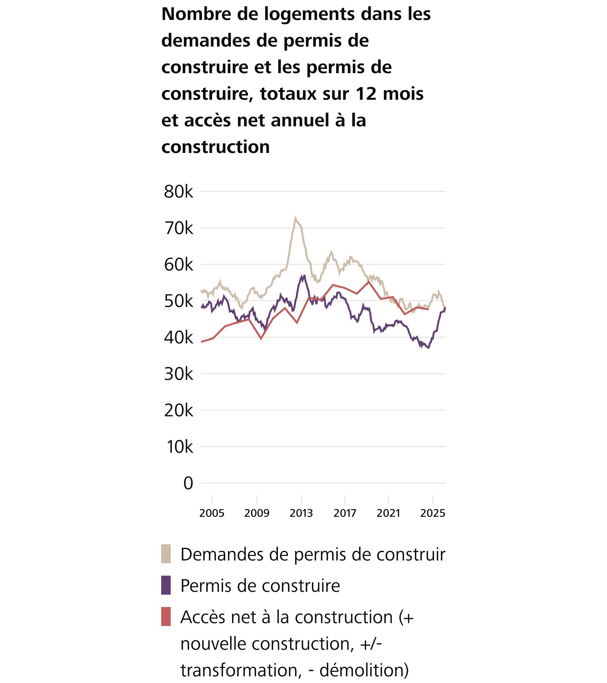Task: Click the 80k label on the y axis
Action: [179, 192]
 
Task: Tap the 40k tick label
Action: [179, 338]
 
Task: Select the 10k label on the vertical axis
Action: [180, 447]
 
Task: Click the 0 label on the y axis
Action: [188, 483]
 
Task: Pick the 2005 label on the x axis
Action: [212, 513]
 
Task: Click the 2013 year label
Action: [301, 513]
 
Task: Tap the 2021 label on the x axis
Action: [388, 513]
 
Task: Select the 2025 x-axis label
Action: [432, 513]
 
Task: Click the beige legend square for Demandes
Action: [166, 554]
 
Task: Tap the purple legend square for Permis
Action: [166, 585]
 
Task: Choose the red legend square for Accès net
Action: [166, 617]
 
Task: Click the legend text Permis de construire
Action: [260, 585]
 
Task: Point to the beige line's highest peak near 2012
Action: [295, 218]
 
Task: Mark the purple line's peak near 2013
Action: [304, 276]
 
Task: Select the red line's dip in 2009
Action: [261, 339]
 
